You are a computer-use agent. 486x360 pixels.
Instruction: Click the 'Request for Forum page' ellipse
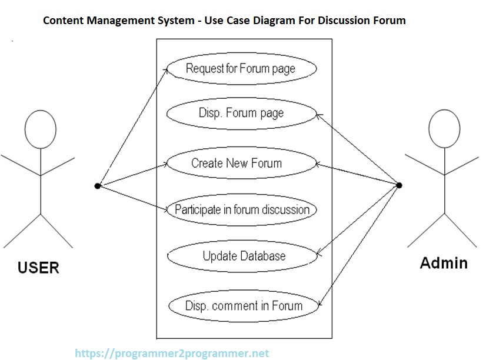click(x=241, y=69)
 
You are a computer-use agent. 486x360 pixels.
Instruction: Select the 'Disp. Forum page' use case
click(x=241, y=113)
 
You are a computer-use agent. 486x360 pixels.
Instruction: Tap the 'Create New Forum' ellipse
click(x=241, y=164)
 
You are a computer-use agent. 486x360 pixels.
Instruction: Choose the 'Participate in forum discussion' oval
click(x=242, y=210)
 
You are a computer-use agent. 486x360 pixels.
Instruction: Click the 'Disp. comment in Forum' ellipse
click(x=244, y=306)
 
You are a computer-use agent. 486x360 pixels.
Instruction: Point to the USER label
click(x=38, y=268)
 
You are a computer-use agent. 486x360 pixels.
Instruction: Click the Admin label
click(x=444, y=263)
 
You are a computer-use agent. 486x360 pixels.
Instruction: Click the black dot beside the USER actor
click(x=97, y=186)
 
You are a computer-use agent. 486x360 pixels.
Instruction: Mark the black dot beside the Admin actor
click(x=399, y=186)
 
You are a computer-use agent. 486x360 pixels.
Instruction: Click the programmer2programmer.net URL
click(x=172, y=354)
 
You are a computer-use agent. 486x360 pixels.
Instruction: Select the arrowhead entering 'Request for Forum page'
click(x=168, y=69)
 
